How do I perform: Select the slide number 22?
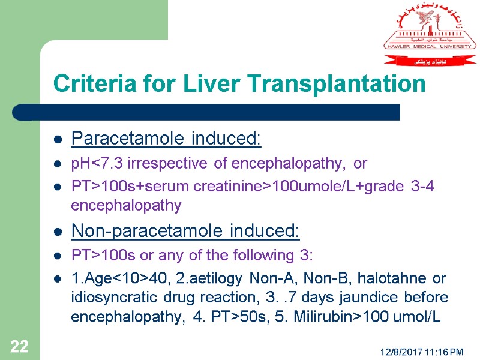(x=19, y=346)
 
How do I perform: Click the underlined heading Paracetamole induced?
(x=166, y=140)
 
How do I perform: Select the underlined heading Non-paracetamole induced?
(x=185, y=230)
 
